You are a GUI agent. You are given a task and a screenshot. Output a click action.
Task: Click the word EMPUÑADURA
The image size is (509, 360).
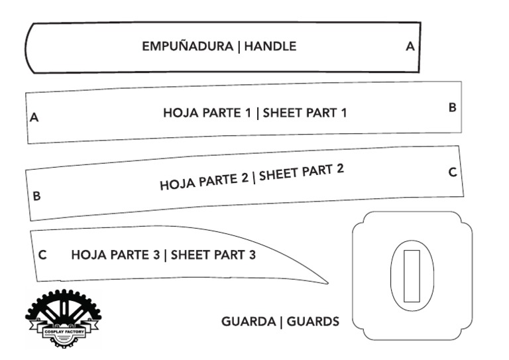(188, 47)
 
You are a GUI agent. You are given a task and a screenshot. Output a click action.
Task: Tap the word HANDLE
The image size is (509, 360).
(270, 47)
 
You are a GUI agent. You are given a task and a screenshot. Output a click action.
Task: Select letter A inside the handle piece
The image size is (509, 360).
(410, 47)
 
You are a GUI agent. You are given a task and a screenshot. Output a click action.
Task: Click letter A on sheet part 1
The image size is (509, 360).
(34, 118)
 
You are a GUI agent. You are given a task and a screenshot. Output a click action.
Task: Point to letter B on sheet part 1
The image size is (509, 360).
(452, 107)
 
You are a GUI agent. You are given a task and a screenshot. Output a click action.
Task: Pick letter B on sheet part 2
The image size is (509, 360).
(36, 196)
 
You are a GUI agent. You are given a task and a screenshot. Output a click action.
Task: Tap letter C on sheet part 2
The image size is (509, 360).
(453, 172)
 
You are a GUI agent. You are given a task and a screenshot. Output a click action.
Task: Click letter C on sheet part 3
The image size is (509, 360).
(42, 255)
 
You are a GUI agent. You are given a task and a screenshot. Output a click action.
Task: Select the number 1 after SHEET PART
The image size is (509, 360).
(343, 113)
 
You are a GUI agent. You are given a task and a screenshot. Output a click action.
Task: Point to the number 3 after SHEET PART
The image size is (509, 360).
(252, 255)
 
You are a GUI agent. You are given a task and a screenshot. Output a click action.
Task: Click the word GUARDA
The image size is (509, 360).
(248, 322)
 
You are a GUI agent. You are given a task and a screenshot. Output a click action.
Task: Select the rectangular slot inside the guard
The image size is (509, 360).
(412, 276)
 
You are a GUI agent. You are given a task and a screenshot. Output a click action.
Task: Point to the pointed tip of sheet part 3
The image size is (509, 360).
(326, 283)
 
